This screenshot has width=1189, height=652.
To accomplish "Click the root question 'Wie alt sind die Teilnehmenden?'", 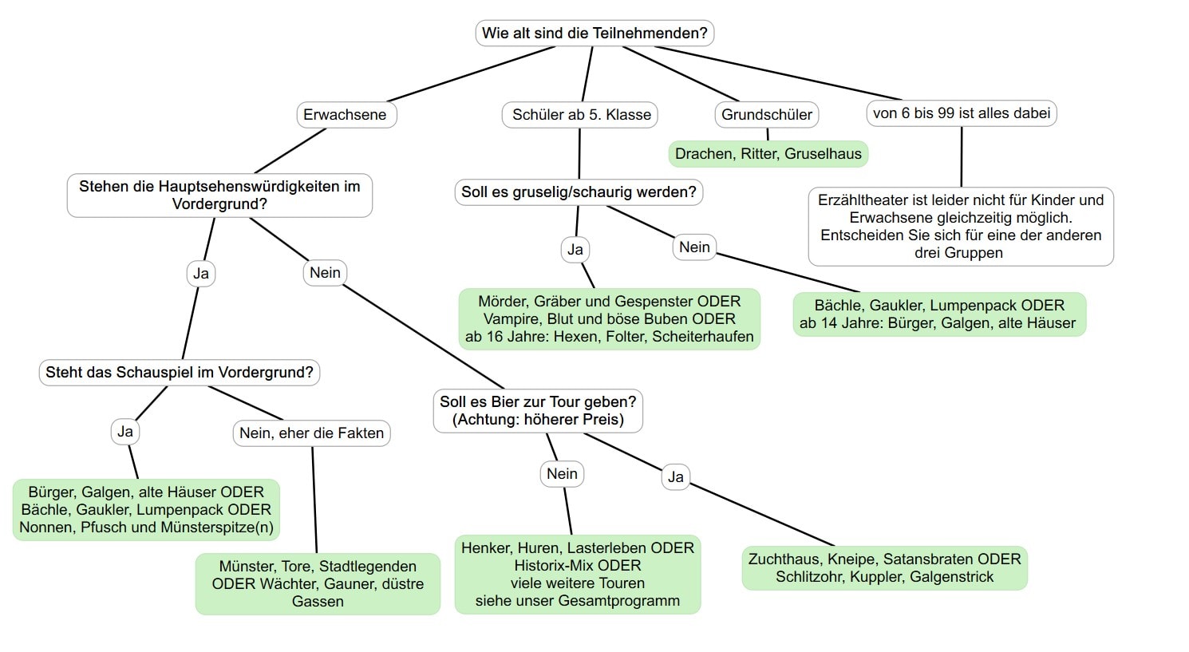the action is pyautogui.click(x=594, y=33).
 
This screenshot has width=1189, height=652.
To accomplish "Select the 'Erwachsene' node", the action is pyautogui.click(x=346, y=115).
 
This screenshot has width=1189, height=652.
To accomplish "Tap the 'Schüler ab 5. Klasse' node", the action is pyautogui.click(x=579, y=115).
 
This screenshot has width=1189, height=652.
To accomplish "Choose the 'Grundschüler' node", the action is pyautogui.click(x=767, y=115).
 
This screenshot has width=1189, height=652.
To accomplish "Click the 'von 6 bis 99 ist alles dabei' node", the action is pyautogui.click(x=962, y=113).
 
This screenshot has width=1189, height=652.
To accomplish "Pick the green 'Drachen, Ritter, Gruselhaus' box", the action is pyautogui.click(x=768, y=154).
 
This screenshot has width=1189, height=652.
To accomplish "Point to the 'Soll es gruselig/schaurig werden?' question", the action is pyautogui.click(x=579, y=192).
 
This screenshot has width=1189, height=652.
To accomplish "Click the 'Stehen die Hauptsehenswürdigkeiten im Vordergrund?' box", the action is pyautogui.click(x=219, y=196).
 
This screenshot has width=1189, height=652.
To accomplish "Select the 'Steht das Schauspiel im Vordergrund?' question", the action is pyautogui.click(x=180, y=372).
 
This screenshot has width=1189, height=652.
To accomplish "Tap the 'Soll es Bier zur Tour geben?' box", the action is pyautogui.click(x=538, y=411).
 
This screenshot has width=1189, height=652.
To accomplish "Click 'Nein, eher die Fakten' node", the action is pyautogui.click(x=311, y=433).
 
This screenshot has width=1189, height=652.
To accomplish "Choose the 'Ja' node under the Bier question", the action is pyautogui.click(x=676, y=476).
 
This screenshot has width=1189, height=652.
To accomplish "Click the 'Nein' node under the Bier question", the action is pyautogui.click(x=562, y=473).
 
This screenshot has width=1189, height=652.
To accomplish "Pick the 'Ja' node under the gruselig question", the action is pyautogui.click(x=575, y=250).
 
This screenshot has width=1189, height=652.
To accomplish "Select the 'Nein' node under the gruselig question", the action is pyautogui.click(x=694, y=247).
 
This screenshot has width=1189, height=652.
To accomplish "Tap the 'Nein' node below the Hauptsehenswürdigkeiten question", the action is pyautogui.click(x=325, y=273).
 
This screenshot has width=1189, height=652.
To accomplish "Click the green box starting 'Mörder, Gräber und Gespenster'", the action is pyautogui.click(x=610, y=319).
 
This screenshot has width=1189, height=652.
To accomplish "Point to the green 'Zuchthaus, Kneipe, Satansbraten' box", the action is pyautogui.click(x=885, y=568).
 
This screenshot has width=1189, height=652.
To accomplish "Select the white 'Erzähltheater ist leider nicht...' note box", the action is pyautogui.click(x=961, y=227).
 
